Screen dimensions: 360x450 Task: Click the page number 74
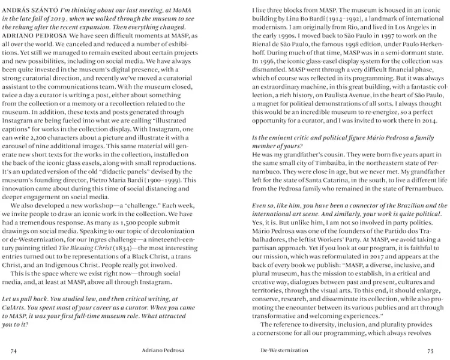tap(13, 350)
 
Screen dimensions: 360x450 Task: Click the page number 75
tap(430, 350)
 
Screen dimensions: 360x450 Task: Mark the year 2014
tap(430, 120)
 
